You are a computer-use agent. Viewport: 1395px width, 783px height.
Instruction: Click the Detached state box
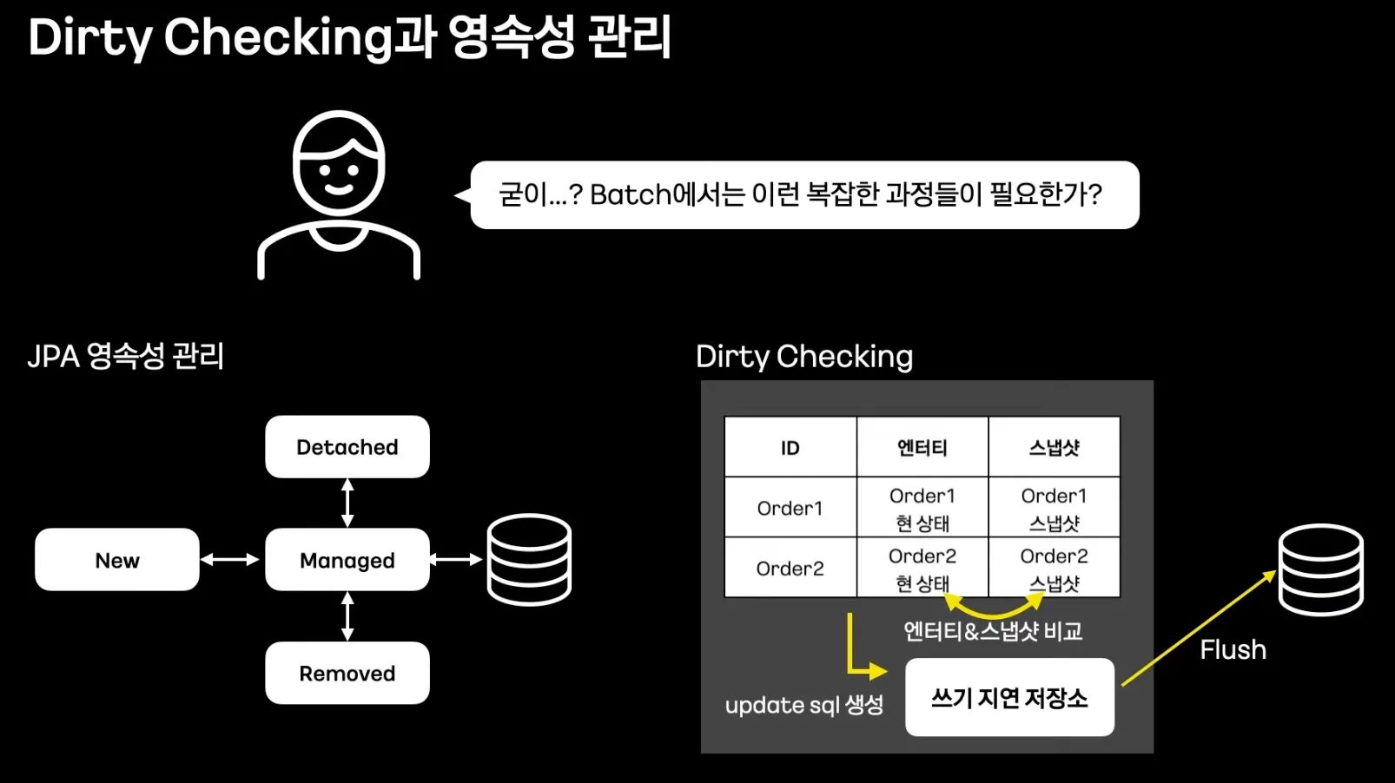click(347, 447)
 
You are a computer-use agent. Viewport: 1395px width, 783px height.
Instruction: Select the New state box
click(117, 560)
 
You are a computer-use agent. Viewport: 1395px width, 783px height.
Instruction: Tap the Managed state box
click(347, 560)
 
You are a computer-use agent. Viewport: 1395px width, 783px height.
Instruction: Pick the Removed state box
click(347, 673)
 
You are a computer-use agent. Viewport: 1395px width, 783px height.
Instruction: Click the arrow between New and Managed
click(230, 560)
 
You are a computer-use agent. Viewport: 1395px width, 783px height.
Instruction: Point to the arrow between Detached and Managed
click(347, 503)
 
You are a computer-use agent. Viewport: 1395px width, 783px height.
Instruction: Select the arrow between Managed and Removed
click(347, 616)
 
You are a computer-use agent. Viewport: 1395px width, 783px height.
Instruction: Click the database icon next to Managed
click(529, 560)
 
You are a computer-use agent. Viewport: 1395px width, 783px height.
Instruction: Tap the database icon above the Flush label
click(1320, 569)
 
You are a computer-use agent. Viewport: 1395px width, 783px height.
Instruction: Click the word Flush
click(1233, 649)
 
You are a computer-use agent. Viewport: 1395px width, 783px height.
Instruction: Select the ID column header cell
click(790, 448)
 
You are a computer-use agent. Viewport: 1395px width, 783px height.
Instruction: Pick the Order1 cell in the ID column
click(790, 508)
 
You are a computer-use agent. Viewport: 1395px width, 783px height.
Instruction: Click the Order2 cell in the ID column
click(790, 569)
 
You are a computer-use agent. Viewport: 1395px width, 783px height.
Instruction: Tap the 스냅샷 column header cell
click(1054, 448)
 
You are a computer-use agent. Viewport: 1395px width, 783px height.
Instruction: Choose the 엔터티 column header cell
click(922, 448)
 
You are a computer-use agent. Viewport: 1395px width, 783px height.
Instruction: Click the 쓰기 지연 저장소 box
click(1009, 698)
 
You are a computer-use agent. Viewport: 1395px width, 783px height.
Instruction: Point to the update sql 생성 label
click(804, 705)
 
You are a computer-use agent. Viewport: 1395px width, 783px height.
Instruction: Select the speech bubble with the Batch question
click(803, 194)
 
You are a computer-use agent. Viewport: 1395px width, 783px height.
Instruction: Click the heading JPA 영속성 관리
click(126, 356)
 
